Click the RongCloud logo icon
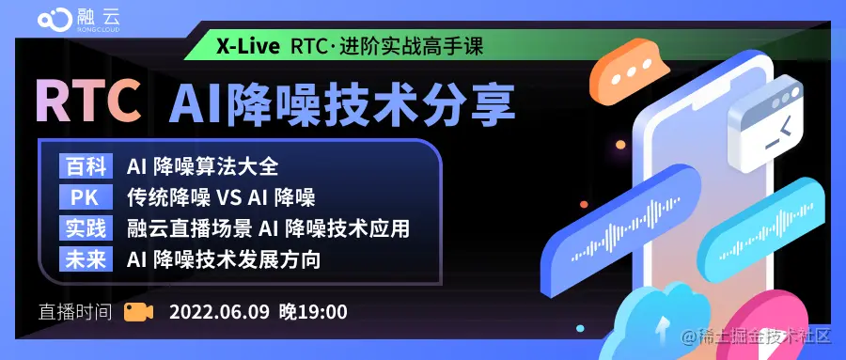pyautogui.click(x=54, y=21)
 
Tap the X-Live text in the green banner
pyautogui.click(x=247, y=45)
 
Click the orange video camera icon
pyautogui.click(x=138, y=311)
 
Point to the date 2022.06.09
pyautogui.click(x=218, y=311)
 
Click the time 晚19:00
pyautogui.click(x=313, y=311)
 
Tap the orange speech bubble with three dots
pyautogui.click(x=634, y=70)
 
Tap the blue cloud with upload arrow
pyautogui.click(x=669, y=324)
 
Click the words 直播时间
pyautogui.click(x=75, y=311)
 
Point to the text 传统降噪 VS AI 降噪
pyautogui.click(x=221, y=198)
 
